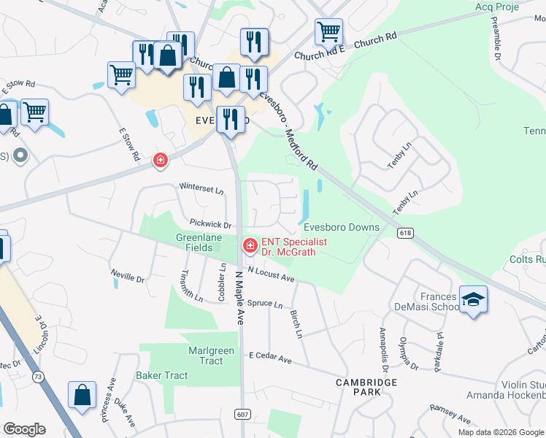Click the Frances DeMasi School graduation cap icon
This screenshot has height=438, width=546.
pos(473,299)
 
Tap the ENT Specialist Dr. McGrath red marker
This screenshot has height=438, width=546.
pos(250,245)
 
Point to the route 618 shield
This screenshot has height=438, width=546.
pos(406,232)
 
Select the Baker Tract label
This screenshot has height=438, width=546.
pos(161,375)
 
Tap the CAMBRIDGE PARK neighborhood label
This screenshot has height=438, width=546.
pos(366,387)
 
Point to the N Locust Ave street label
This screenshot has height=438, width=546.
pos(270,274)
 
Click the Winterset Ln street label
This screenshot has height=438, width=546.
pos(201,190)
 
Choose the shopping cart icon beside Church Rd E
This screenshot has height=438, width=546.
pos(329,31)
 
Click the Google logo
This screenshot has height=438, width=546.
pos(24,429)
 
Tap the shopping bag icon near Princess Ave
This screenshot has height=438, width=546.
pos(82,395)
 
